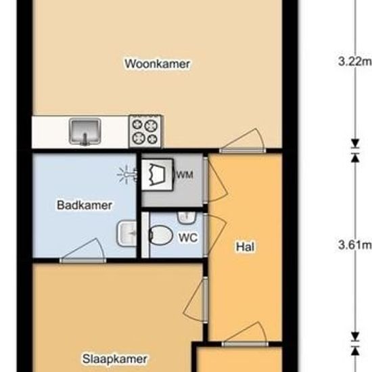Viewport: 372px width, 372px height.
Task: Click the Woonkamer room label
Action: [158, 64]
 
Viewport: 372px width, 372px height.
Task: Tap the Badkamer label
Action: [85, 205]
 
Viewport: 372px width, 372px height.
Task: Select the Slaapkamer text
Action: [115, 359]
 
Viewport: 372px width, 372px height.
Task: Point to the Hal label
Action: [246, 247]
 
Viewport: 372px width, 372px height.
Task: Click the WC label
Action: [188, 237]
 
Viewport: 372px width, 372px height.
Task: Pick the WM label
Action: [185, 175]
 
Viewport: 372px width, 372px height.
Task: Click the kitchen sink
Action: [85, 132]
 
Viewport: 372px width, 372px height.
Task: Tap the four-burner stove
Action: [145, 131]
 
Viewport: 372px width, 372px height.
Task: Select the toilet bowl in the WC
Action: [161, 235]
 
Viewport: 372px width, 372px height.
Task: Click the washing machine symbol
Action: [158, 175]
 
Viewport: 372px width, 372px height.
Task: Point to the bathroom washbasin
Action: [127, 234]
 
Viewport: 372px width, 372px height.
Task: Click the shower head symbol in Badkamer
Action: [127, 175]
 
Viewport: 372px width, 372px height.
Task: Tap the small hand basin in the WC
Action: [187, 218]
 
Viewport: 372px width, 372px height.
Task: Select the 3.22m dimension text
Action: [354, 62]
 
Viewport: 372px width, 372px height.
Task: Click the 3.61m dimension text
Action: [354, 245]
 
